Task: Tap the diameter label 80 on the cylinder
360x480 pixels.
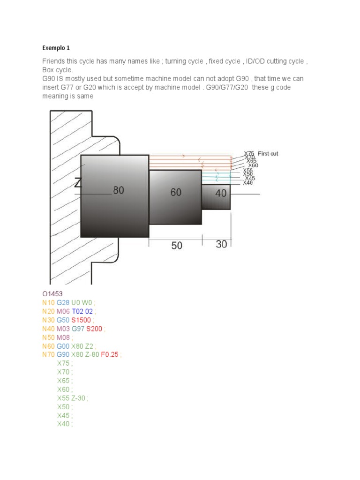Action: pyautogui.click(x=118, y=191)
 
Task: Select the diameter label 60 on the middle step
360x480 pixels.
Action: pyautogui.click(x=176, y=192)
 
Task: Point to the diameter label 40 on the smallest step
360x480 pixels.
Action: pyautogui.click(x=221, y=193)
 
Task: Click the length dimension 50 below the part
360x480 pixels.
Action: pyautogui.click(x=176, y=245)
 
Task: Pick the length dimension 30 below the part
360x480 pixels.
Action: pyautogui.click(x=221, y=244)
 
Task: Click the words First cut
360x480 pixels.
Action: pyautogui.click(x=268, y=154)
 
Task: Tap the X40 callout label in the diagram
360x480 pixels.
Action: pyautogui.click(x=248, y=183)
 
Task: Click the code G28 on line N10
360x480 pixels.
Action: pyautogui.click(x=63, y=302)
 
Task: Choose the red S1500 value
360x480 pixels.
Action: pyautogui.click(x=81, y=320)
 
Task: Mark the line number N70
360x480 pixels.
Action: pyautogui.click(x=48, y=354)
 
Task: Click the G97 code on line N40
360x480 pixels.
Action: pyautogui.click(x=78, y=329)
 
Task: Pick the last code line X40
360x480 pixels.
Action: pyautogui.click(x=63, y=424)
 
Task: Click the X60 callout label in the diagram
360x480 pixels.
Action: pyautogui.click(x=253, y=165)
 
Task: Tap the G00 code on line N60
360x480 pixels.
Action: pyautogui.click(x=63, y=346)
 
